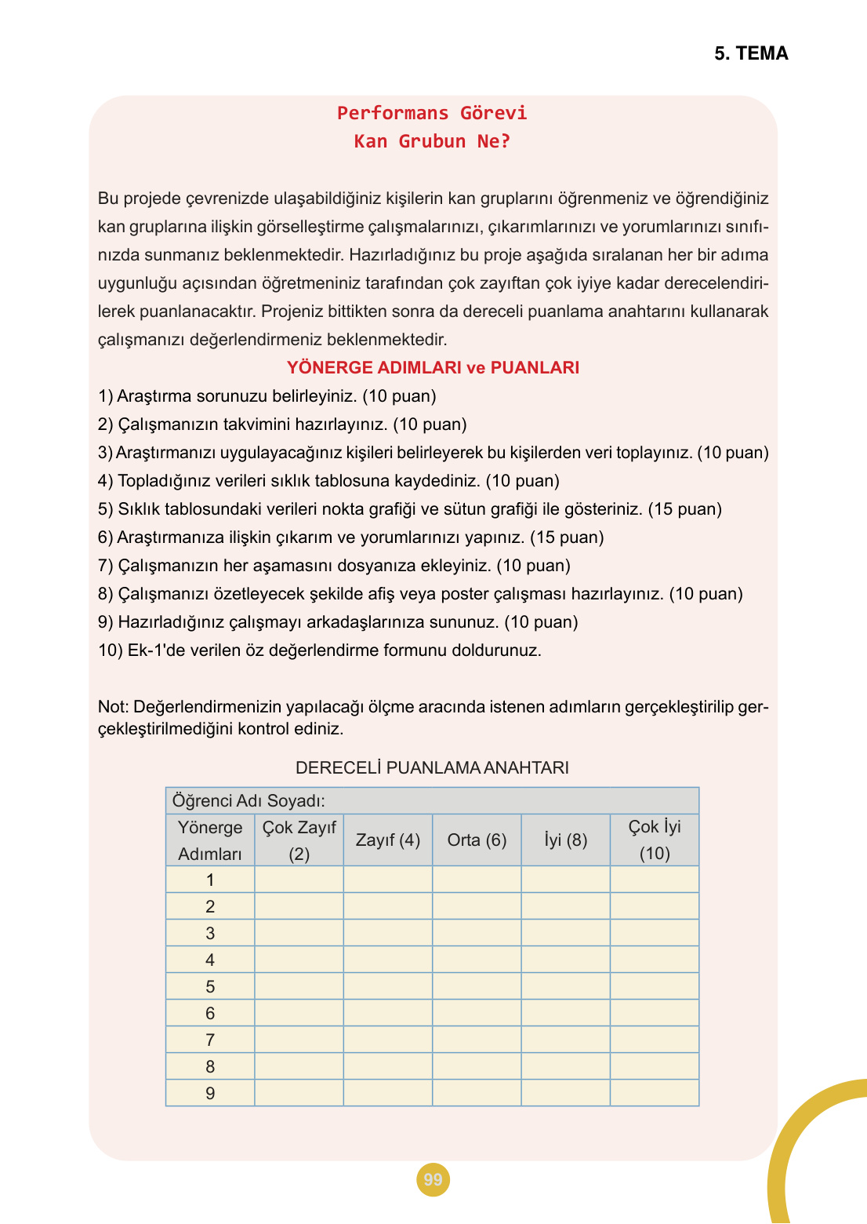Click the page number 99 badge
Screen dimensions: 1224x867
(433, 1179)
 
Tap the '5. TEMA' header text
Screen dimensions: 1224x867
(751, 53)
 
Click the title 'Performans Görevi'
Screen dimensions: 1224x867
(432, 113)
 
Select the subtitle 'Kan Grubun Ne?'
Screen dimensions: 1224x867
(432, 141)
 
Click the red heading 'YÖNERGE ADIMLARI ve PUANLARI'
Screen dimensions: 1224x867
(433, 367)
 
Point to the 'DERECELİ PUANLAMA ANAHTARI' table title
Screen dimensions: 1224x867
(432, 767)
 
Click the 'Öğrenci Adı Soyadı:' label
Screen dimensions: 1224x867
(248, 800)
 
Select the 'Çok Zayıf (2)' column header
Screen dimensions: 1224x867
(299, 840)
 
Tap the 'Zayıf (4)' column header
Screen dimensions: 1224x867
(388, 840)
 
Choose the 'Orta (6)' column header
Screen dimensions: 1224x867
(477, 840)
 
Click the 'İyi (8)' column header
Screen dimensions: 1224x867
(565, 840)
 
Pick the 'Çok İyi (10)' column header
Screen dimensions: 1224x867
(655, 840)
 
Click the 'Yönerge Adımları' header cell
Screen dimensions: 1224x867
(210, 840)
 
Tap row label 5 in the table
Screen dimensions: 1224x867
(210, 986)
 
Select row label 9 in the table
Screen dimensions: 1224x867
(210, 1093)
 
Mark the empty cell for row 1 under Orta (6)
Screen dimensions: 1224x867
(477, 880)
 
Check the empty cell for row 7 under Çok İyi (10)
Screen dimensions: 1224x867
(655, 1040)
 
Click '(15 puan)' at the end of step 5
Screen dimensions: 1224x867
(685, 509)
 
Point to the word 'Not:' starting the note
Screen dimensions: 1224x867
(114, 707)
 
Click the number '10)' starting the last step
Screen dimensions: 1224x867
(111, 650)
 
